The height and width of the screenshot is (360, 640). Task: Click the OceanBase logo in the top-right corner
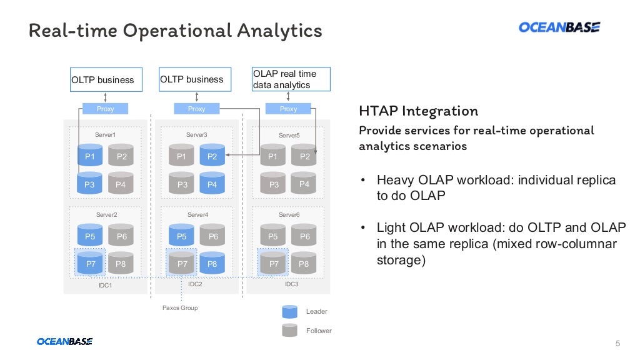point(559,27)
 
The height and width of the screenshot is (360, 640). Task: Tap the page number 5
point(617,343)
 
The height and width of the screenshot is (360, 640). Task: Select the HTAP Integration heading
point(418,111)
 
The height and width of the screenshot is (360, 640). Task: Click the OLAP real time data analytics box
point(291,79)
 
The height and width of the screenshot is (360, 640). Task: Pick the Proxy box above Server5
point(288,109)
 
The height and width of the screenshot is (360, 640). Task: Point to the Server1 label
point(105,135)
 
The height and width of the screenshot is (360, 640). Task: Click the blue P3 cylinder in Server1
point(89,184)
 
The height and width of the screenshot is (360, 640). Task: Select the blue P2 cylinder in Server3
point(212,156)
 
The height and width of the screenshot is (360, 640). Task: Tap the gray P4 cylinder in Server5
point(304,183)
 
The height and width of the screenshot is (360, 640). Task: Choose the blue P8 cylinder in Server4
point(212,263)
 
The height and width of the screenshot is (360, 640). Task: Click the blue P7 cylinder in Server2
point(90,263)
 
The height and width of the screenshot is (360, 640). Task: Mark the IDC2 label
point(195,284)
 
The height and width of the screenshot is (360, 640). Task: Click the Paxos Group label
point(180,307)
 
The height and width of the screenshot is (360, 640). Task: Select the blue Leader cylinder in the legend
point(289,311)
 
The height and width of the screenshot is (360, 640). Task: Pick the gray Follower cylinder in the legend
point(289,330)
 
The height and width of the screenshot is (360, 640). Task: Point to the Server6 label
point(289,215)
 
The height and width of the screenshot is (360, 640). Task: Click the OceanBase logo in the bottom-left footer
point(64,341)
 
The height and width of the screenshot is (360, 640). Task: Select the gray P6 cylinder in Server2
point(121,236)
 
